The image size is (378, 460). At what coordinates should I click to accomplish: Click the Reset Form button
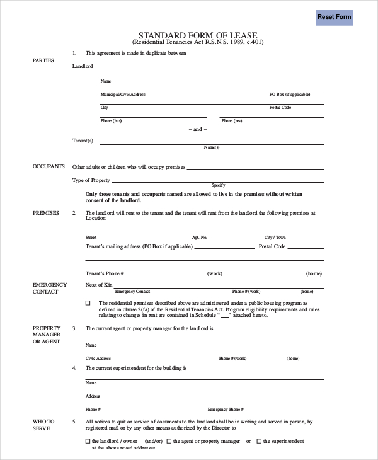point(334,17)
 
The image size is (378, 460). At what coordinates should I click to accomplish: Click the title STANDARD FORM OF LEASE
point(198,35)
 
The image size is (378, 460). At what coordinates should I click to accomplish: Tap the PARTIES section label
point(43,60)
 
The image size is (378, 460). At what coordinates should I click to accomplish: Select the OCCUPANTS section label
point(49,166)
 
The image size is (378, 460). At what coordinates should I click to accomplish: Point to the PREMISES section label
point(45,213)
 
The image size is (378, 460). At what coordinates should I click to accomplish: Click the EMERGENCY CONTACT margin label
point(50,288)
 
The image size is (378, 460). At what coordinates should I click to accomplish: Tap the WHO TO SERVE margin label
point(43,425)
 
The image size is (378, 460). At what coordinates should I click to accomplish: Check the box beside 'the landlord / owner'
point(88,441)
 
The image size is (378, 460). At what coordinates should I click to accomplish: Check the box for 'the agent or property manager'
point(169,441)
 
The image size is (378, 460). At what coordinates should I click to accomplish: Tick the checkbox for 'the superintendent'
point(259,441)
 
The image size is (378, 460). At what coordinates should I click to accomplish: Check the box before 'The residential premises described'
point(88,303)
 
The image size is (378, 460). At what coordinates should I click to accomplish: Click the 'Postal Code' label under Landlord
point(280,108)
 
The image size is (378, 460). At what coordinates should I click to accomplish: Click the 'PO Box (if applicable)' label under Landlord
point(290,94)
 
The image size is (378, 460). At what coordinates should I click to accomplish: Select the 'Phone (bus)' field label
point(112,120)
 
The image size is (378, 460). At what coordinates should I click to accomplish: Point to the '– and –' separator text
point(197,129)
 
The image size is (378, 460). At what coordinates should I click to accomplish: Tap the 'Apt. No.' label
point(200,237)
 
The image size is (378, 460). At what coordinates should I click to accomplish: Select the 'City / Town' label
point(275,237)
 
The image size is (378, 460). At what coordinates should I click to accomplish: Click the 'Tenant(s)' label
point(83,141)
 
